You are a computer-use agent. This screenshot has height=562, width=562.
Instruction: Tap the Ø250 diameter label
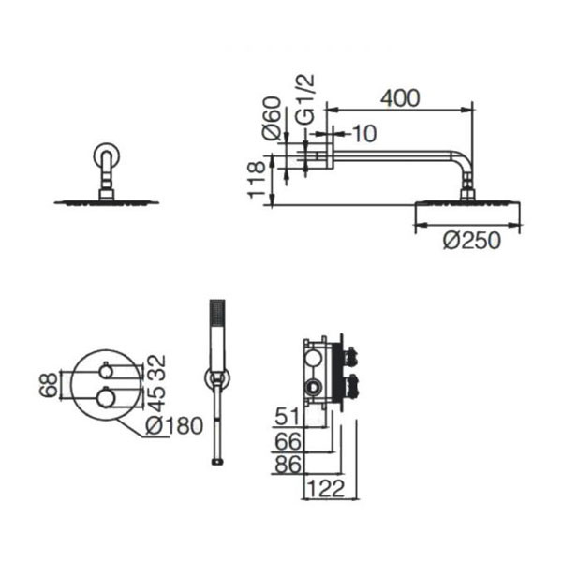click(471, 240)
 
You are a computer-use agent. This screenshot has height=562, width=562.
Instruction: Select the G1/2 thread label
click(305, 99)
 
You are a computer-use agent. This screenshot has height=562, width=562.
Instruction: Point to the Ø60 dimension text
click(272, 118)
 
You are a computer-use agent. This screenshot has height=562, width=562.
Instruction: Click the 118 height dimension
click(257, 179)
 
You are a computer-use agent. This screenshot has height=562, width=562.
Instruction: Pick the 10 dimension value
click(364, 133)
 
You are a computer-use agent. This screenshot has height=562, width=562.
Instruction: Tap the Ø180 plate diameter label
click(174, 426)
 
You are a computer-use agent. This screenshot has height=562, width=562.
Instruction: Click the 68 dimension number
click(49, 385)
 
